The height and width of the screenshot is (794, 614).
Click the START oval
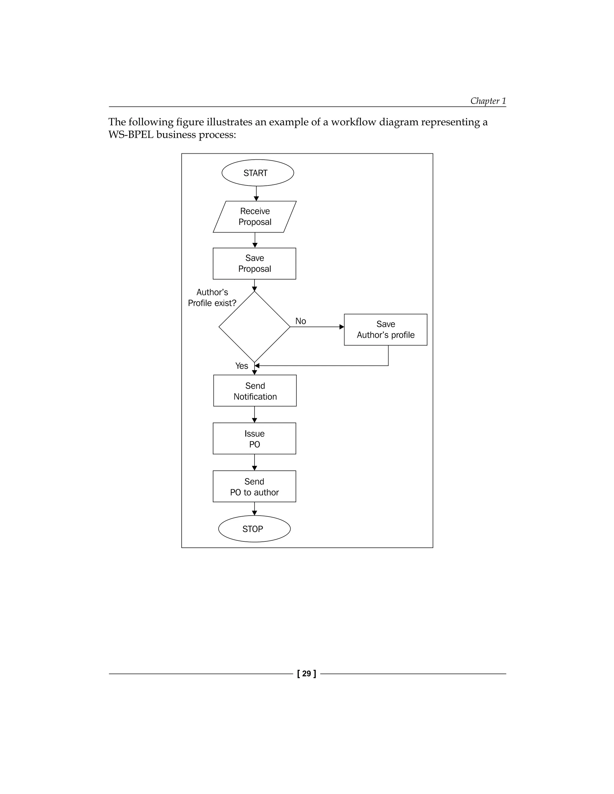[258, 173]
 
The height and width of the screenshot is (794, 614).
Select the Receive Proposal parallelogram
[255, 217]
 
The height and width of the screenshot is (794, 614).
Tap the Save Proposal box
[254, 264]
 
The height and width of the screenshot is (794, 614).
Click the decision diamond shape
[254, 327]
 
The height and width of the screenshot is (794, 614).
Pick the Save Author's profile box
[386, 329]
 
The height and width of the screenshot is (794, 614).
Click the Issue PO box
[254, 438]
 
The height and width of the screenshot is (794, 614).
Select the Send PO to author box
[254, 486]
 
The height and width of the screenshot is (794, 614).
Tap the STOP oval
[254, 529]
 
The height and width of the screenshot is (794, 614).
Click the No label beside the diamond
[300, 321]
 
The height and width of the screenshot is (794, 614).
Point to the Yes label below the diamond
[242, 366]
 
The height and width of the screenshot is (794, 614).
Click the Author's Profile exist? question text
[212, 298]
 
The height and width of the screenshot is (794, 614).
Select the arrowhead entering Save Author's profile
[341, 327]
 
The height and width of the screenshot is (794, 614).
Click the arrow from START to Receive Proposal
[256, 194]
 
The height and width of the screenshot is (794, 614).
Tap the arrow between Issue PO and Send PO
[254, 462]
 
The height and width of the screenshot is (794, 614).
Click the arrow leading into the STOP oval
[254, 509]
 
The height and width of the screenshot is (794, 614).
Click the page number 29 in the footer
[307, 674]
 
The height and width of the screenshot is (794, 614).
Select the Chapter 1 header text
[488, 101]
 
